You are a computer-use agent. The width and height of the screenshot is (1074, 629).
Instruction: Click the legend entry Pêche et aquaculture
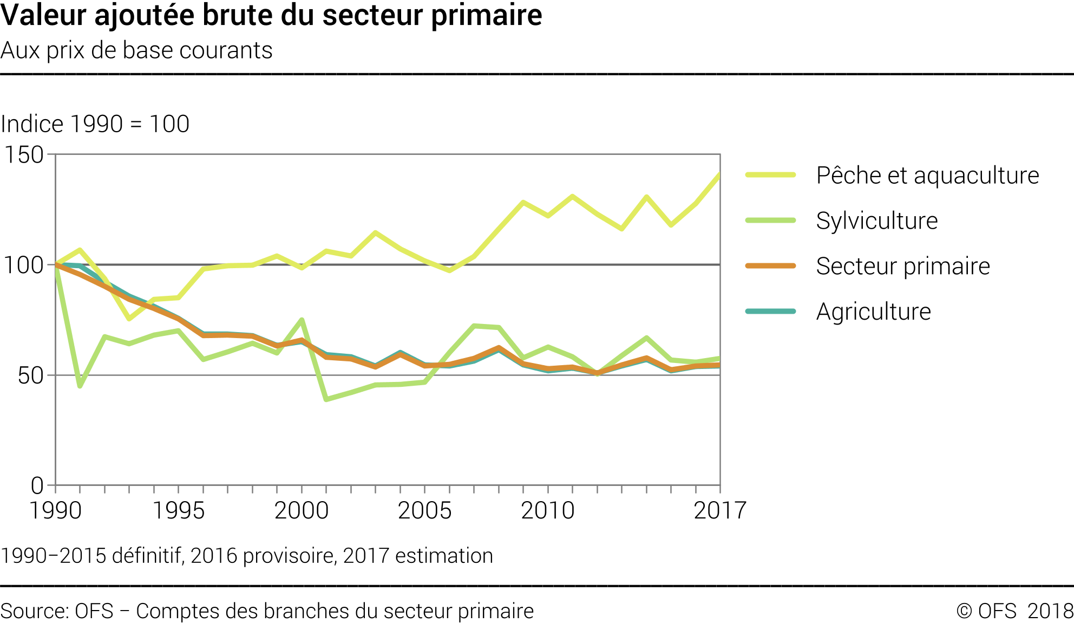pyautogui.click(x=927, y=176)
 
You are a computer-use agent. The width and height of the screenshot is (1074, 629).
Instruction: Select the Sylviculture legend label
pyautogui.click(x=876, y=221)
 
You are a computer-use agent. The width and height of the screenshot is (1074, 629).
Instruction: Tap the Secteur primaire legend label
pyautogui.click(x=902, y=267)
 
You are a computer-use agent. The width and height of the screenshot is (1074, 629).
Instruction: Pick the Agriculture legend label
pyautogui.click(x=873, y=312)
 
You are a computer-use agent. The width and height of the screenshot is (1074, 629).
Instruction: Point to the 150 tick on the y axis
pyautogui.click(x=24, y=155)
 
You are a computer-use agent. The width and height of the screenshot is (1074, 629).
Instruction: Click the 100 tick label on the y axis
pyautogui.click(x=24, y=265)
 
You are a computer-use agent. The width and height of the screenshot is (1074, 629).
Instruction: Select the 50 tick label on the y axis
pyautogui.click(x=30, y=376)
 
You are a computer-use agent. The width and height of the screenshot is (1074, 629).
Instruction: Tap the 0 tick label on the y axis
pyautogui.click(x=37, y=486)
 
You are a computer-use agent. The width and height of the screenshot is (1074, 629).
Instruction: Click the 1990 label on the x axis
pyautogui.click(x=55, y=511)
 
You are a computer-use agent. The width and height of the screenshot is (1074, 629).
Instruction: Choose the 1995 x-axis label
pyautogui.click(x=179, y=511)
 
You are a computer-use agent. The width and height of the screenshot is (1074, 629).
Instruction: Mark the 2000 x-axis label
pyautogui.click(x=302, y=511)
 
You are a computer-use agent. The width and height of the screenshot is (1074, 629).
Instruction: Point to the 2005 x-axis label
pyautogui.click(x=425, y=511)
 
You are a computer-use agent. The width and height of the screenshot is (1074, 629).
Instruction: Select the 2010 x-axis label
pyautogui.click(x=548, y=511)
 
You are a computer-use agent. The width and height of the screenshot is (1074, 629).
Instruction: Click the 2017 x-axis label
pyautogui.click(x=720, y=511)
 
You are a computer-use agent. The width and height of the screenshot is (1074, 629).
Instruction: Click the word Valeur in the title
pyautogui.click(x=44, y=15)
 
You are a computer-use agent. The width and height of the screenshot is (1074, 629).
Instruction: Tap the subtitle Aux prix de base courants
pyautogui.click(x=136, y=50)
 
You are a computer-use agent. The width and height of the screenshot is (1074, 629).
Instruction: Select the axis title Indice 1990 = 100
pyautogui.click(x=95, y=124)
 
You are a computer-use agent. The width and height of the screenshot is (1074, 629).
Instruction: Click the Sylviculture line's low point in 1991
pyautogui.click(x=80, y=386)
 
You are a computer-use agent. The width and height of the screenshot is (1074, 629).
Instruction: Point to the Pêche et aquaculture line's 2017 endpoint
pyautogui.click(x=719, y=174)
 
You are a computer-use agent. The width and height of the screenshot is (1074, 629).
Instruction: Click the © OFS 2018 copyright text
pyautogui.click(x=1014, y=611)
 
